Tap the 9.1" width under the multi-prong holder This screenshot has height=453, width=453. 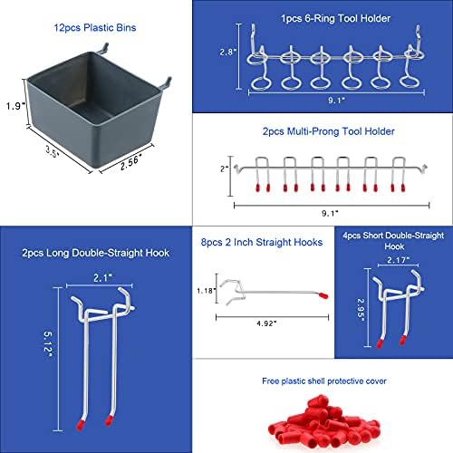[330, 213]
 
